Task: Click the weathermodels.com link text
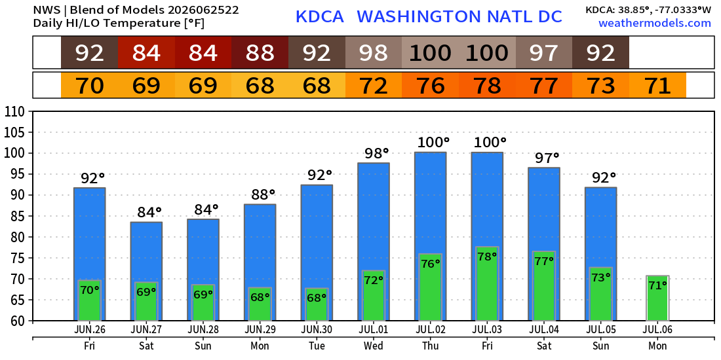(x=655, y=23)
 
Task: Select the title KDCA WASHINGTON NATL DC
(x=429, y=16)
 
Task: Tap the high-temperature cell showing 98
(x=374, y=53)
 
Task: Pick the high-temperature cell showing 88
(x=260, y=53)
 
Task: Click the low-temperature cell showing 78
(x=487, y=85)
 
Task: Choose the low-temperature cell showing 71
(x=657, y=85)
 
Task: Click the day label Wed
(x=374, y=346)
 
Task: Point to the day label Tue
(x=317, y=346)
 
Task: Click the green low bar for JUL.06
(x=657, y=298)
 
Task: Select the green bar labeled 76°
(x=431, y=287)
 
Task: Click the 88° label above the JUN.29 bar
(x=263, y=194)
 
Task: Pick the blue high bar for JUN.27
(x=146, y=272)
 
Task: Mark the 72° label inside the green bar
(x=374, y=279)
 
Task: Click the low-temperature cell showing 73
(x=600, y=85)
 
